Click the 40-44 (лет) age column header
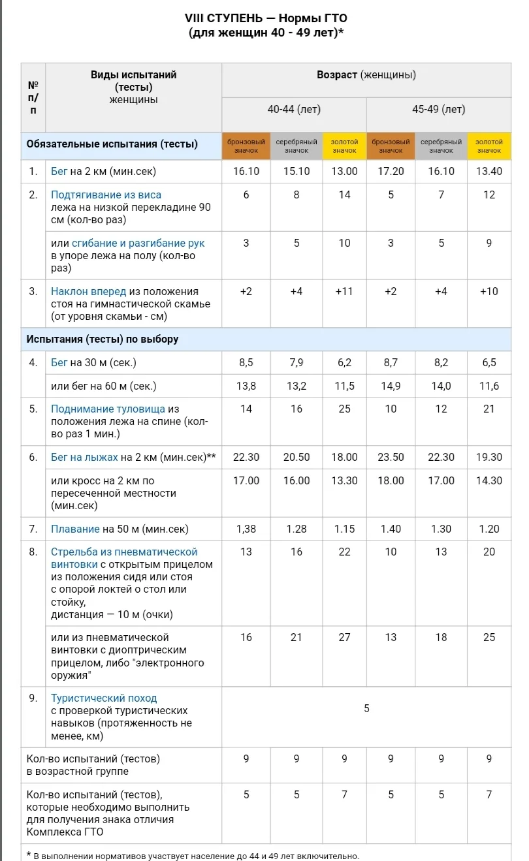pos(294,110)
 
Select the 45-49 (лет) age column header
pos(438,110)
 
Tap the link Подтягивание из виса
pos(106,195)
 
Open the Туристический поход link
pos(104,698)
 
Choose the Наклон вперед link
pos(88,291)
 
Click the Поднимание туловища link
pos(108,409)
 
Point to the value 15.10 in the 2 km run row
pos(297,172)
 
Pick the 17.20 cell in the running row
pos(391,172)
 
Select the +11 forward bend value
pos(344,291)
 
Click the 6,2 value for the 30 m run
pos(344,362)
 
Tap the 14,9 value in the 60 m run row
pos(391,386)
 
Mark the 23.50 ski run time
pos(391,457)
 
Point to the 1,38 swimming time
pos(246,529)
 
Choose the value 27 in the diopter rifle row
pos(344,637)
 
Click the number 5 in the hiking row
pos(366,708)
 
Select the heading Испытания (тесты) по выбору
pos(102,339)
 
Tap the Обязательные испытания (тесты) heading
pos(112,144)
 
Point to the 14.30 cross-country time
pos(489,480)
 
